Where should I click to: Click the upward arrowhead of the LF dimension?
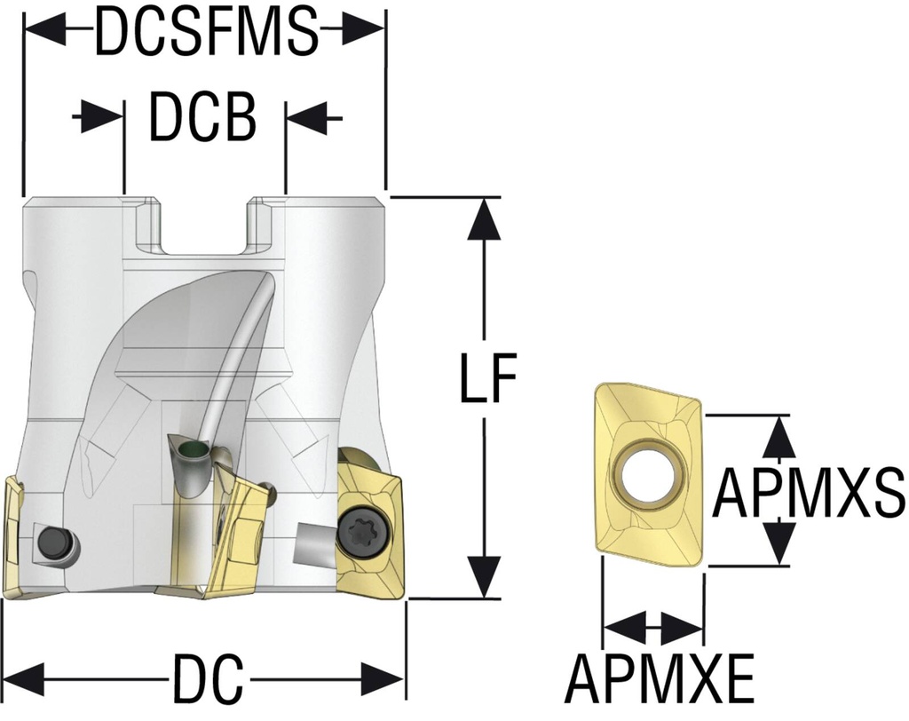click(485, 218)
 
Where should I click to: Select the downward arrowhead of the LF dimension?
click(485, 576)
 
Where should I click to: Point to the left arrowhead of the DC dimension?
click(27, 678)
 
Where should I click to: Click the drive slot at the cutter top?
click(204, 226)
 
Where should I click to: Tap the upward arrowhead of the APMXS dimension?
click(779, 434)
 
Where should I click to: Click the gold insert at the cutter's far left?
click(15, 536)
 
